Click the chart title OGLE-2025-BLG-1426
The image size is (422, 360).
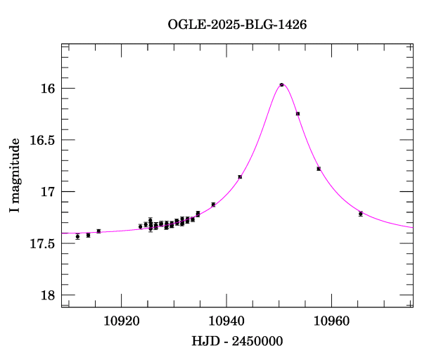tap(237, 24)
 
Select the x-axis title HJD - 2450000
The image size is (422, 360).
tap(237, 341)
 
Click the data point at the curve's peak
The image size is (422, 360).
tap(281, 84)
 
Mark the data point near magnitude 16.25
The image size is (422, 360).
tap(298, 113)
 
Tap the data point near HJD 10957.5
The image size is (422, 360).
tap(319, 169)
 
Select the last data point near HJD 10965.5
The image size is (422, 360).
tap(361, 214)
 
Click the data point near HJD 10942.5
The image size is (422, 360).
tap(240, 176)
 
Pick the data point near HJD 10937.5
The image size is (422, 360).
tap(213, 204)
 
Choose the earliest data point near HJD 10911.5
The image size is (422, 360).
tap(77, 237)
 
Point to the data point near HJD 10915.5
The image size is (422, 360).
tap(98, 231)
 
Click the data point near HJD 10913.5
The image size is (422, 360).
tap(88, 235)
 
